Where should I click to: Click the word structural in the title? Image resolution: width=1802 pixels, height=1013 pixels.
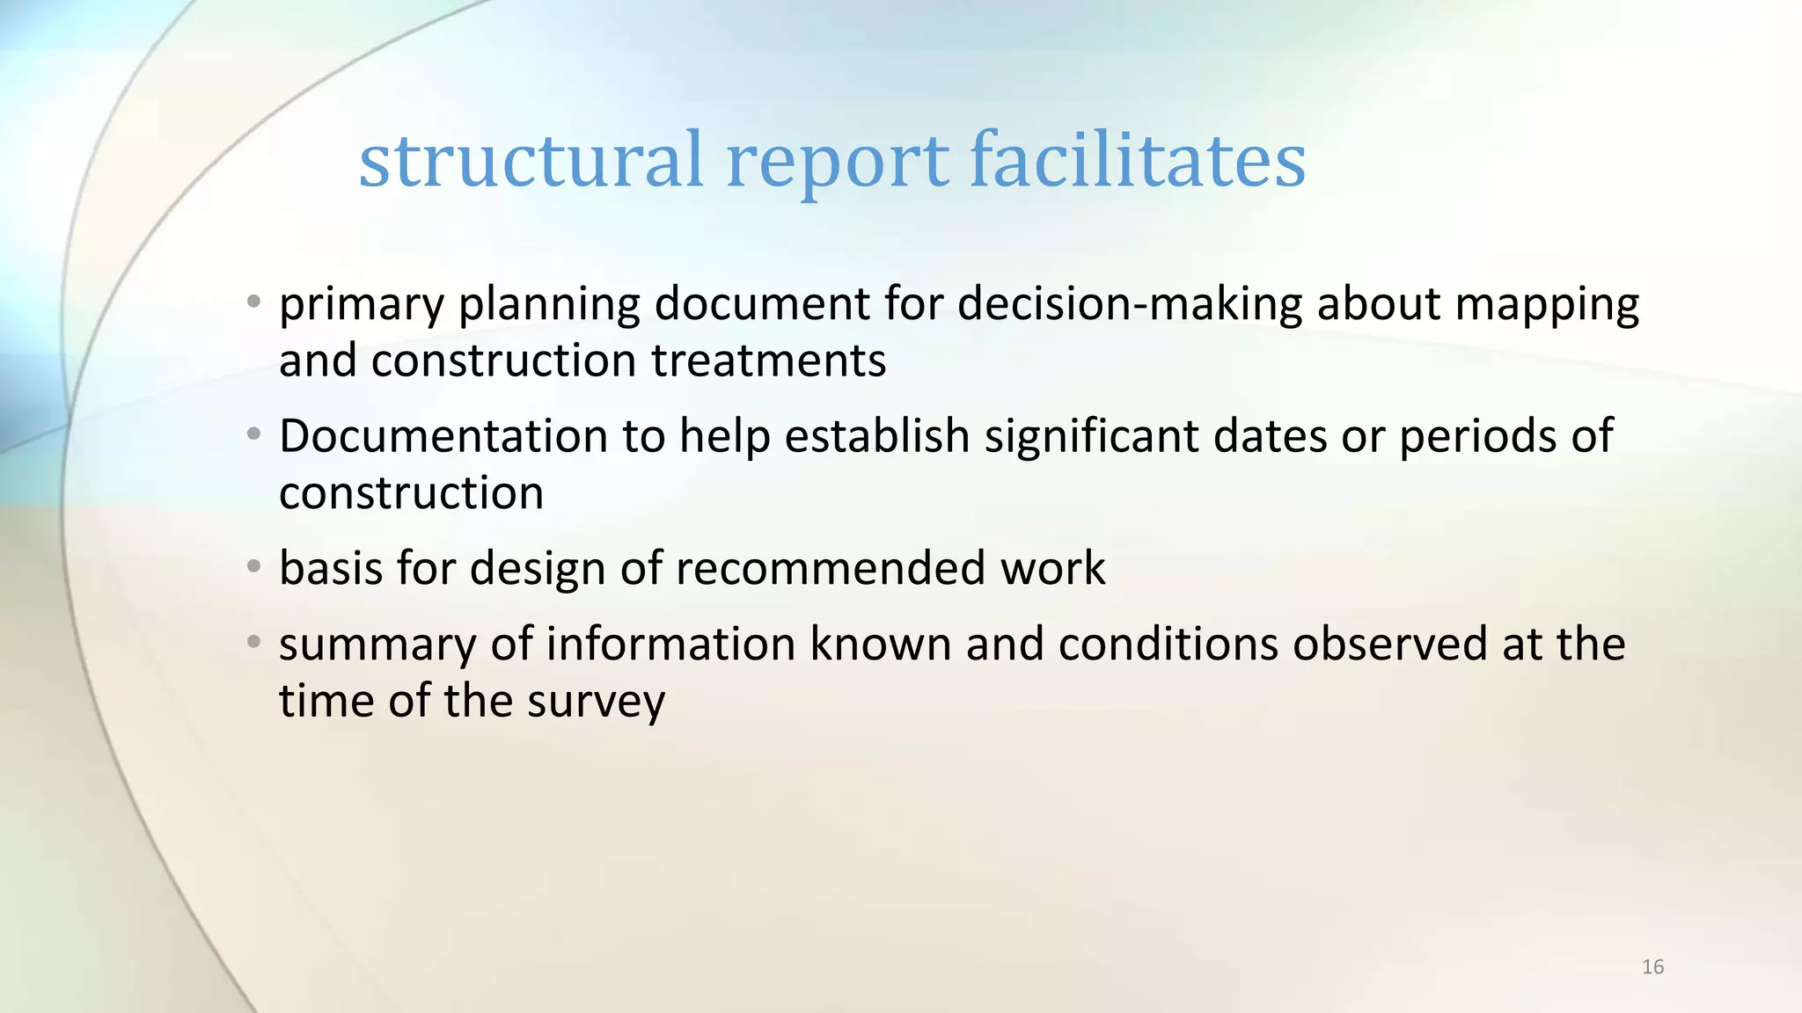(531, 161)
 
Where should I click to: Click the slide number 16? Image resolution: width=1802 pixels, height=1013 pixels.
(1652, 967)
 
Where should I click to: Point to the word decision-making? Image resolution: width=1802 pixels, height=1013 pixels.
(1129, 304)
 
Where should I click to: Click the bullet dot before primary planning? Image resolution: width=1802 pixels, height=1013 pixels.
(253, 302)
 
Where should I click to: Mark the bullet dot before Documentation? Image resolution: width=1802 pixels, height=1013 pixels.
(253, 434)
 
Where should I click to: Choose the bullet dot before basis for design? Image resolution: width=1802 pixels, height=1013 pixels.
(253, 566)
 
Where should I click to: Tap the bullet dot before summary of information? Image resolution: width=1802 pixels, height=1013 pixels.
(253, 642)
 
